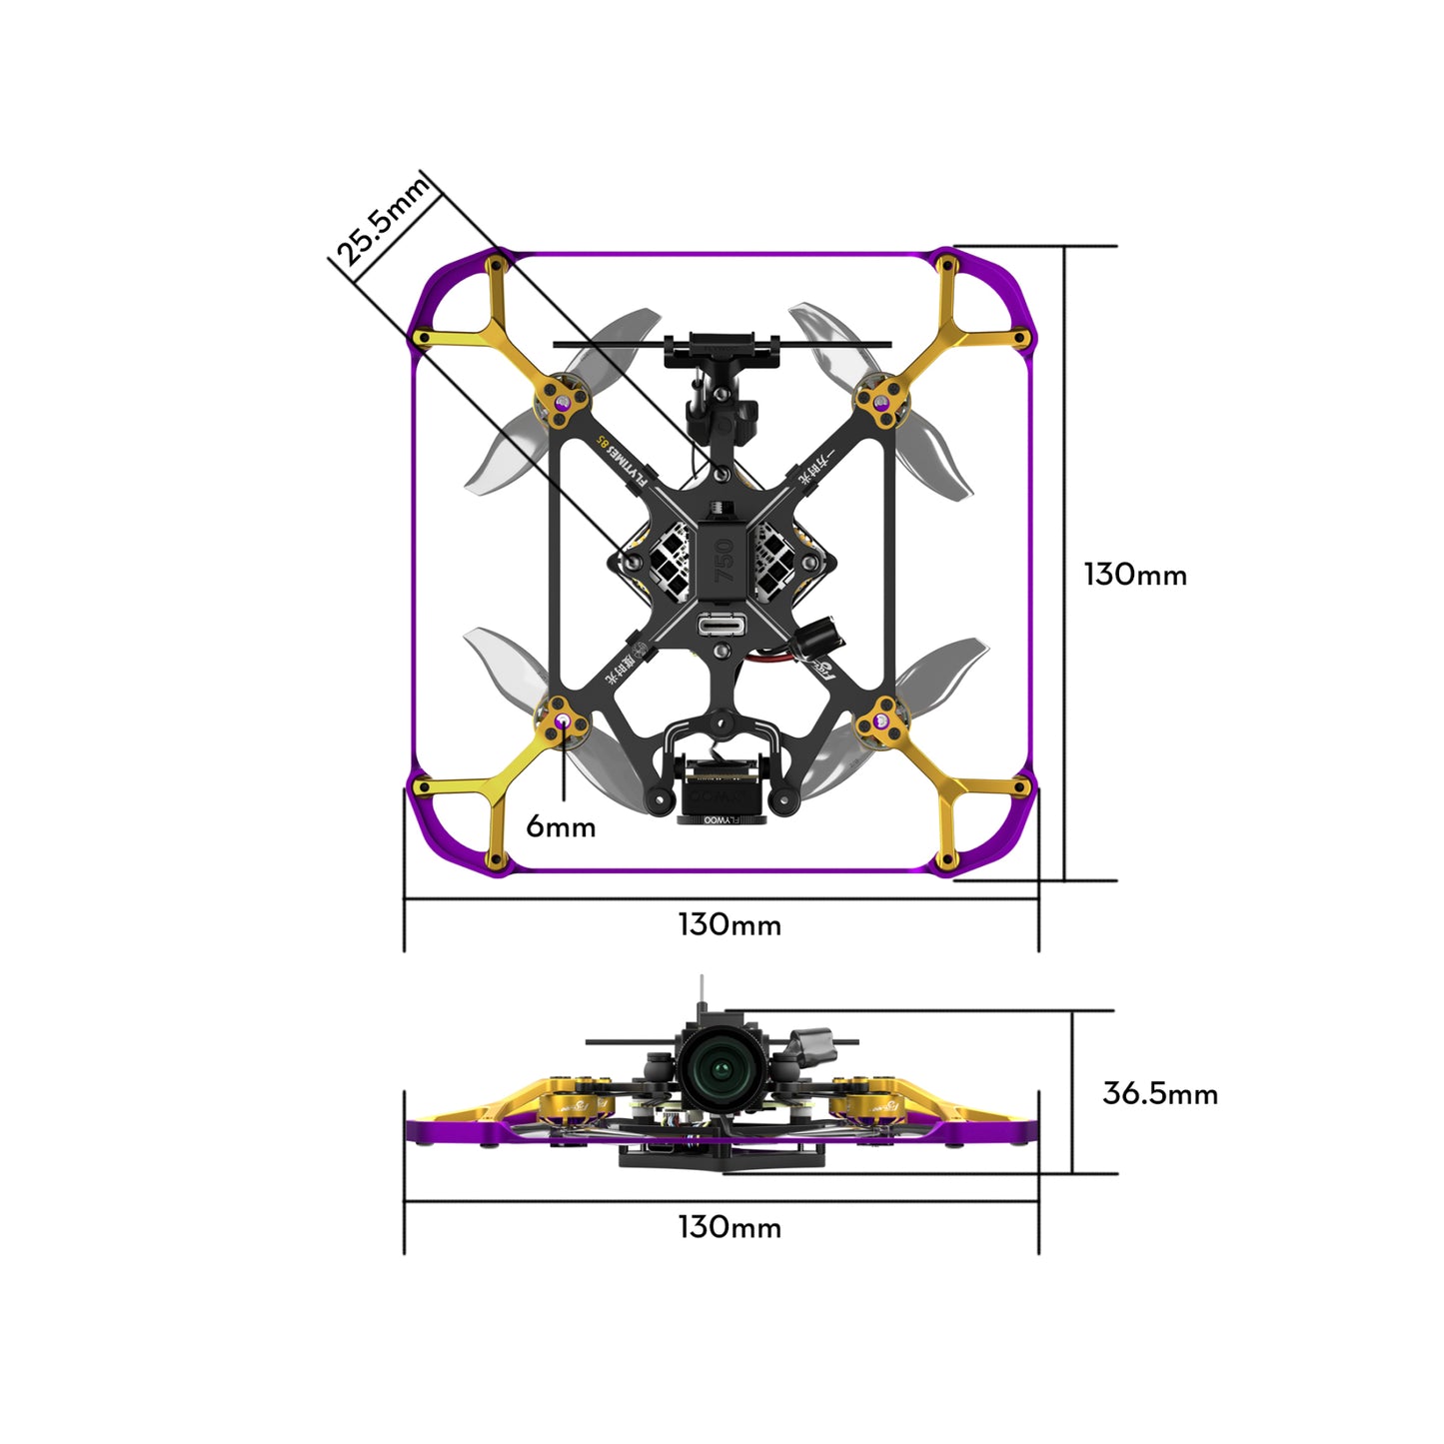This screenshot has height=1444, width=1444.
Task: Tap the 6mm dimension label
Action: (x=561, y=826)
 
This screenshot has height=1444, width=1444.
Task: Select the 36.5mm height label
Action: (x=1159, y=1093)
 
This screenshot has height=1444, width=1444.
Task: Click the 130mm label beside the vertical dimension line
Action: (x=1135, y=575)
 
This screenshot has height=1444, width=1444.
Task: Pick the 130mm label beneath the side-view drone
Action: (x=729, y=1227)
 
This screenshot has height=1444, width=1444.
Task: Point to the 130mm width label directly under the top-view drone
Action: (x=729, y=925)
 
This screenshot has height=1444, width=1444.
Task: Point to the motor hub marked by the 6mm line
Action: (x=564, y=721)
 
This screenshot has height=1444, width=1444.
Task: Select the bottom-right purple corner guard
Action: (x=999, y=834)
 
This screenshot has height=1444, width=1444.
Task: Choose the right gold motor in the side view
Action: (x=873, y=1104)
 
